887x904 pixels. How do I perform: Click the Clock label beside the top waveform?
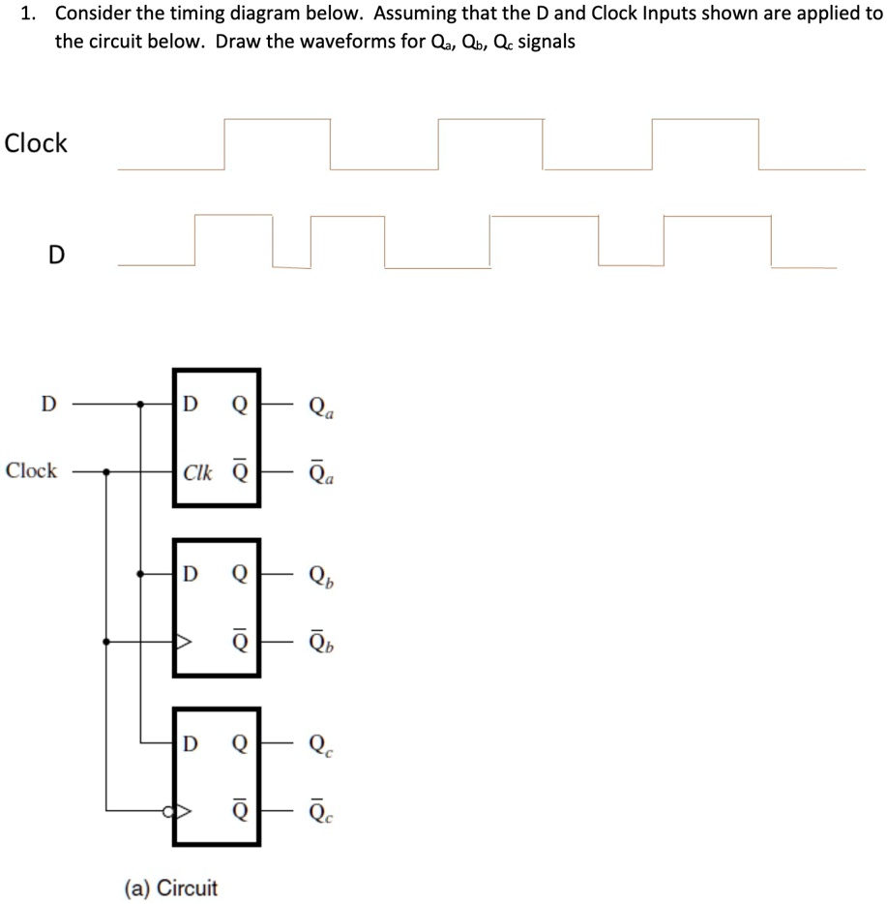(36, 143)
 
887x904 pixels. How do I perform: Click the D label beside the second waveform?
(56, 255)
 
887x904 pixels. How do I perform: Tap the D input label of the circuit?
(46, 403)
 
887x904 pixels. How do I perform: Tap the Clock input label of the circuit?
(31, 471)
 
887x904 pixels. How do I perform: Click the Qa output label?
(323, 407)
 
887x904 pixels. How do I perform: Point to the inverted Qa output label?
(323, 473)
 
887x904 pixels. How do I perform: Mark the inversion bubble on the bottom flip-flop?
(169, 810)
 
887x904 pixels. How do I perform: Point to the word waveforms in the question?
(335, 44)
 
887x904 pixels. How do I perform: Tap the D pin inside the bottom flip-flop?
(191, 743)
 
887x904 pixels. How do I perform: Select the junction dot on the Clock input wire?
(106, 472)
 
